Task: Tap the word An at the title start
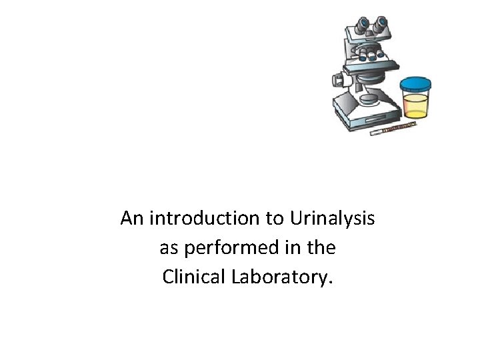(133, 218)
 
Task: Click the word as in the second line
(168, 248)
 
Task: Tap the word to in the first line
(276, 218)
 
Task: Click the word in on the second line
(293, 248)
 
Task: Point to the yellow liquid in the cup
(415, 106)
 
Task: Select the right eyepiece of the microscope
(381, 23)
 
